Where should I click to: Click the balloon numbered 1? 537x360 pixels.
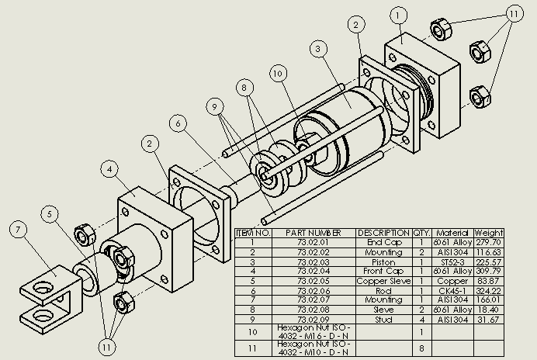coord(399,15)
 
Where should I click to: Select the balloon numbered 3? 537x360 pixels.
coord(318,49)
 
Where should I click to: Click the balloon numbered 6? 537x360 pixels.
coord(178,123)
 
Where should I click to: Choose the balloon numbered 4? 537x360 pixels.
coord(112,168)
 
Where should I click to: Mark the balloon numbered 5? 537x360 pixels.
coord(52,213)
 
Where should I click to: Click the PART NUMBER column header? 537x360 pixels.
coord(314,233)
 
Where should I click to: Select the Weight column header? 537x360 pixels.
coord(489,233)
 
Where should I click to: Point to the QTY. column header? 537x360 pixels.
coord(421,233)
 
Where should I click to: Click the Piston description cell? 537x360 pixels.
coord(383,262)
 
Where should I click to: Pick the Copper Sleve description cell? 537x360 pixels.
coord(383,281)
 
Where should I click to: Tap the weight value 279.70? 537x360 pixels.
coord(489,243)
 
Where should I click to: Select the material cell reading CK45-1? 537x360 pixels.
coord(452,290)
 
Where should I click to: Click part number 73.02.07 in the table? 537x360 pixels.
coord(314,299)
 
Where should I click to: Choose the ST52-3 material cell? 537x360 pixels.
coord(452,262)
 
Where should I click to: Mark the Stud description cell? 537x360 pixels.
coord(383,318)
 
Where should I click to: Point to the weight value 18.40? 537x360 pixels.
coord(489,309)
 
